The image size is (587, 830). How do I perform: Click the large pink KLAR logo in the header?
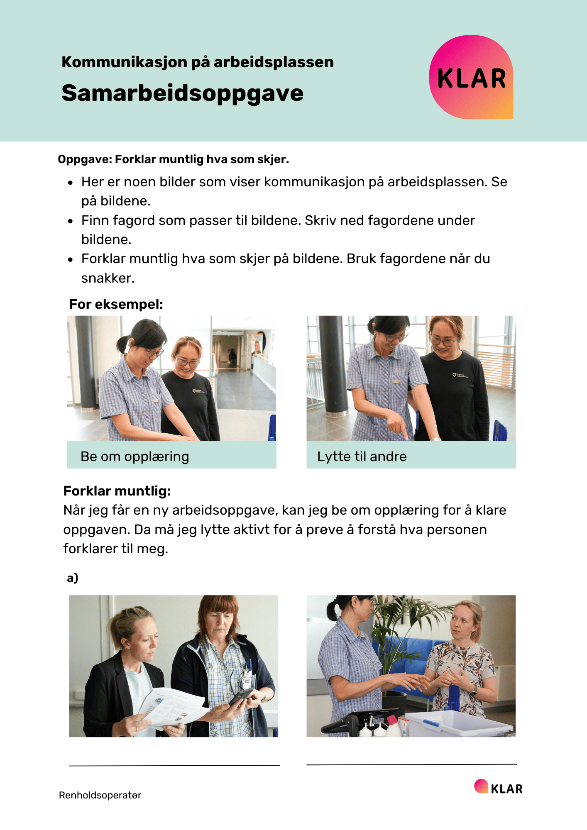[x=471, y=77]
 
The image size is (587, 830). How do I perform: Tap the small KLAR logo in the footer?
[x=498, y=787]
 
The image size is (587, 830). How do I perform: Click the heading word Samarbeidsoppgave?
[x=182, y=93]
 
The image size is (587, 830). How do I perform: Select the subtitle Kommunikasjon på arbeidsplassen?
[x=198, y=62]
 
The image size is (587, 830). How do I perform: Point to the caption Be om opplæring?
[x=135, y=456]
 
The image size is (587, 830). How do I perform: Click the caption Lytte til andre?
[x=362, y=456]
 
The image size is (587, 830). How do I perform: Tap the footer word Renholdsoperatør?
[x=100, y=795]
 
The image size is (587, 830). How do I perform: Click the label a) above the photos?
[x=73, y=578]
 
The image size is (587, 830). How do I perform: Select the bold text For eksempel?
[x=116, y=304]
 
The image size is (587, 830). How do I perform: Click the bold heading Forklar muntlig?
[x=117, y=491]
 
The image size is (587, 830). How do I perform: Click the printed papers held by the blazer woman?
[x=170, y=708]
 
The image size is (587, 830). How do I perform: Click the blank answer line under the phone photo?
[x=174, y=765]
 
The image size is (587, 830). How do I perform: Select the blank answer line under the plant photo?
[x=412, y=764]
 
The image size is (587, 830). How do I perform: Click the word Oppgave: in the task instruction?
[x=85, y=159]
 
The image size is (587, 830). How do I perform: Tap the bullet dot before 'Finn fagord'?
[x=71, y=221]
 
